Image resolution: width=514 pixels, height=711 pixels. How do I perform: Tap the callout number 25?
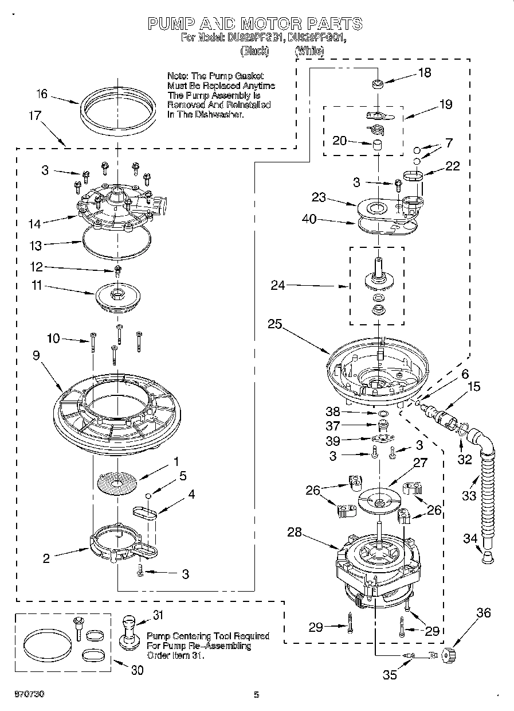pyautogui.click(x=275, y=324)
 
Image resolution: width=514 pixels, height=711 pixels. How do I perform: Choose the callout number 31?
pyautogui.click(x=158, y=615)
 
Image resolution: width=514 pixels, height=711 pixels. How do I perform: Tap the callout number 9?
pyautogui.click(x=36, y=355)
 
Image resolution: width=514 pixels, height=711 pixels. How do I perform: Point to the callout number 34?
pyautogui.click(x=469, y=538)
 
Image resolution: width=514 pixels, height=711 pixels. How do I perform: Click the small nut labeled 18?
pyautogui.click(x=378, y=85)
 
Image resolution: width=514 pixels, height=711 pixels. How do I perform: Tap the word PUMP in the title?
pyautogui.click(x=168, y=24)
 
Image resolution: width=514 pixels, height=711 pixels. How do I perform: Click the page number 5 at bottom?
pyautogui.click(x=256, y=695)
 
